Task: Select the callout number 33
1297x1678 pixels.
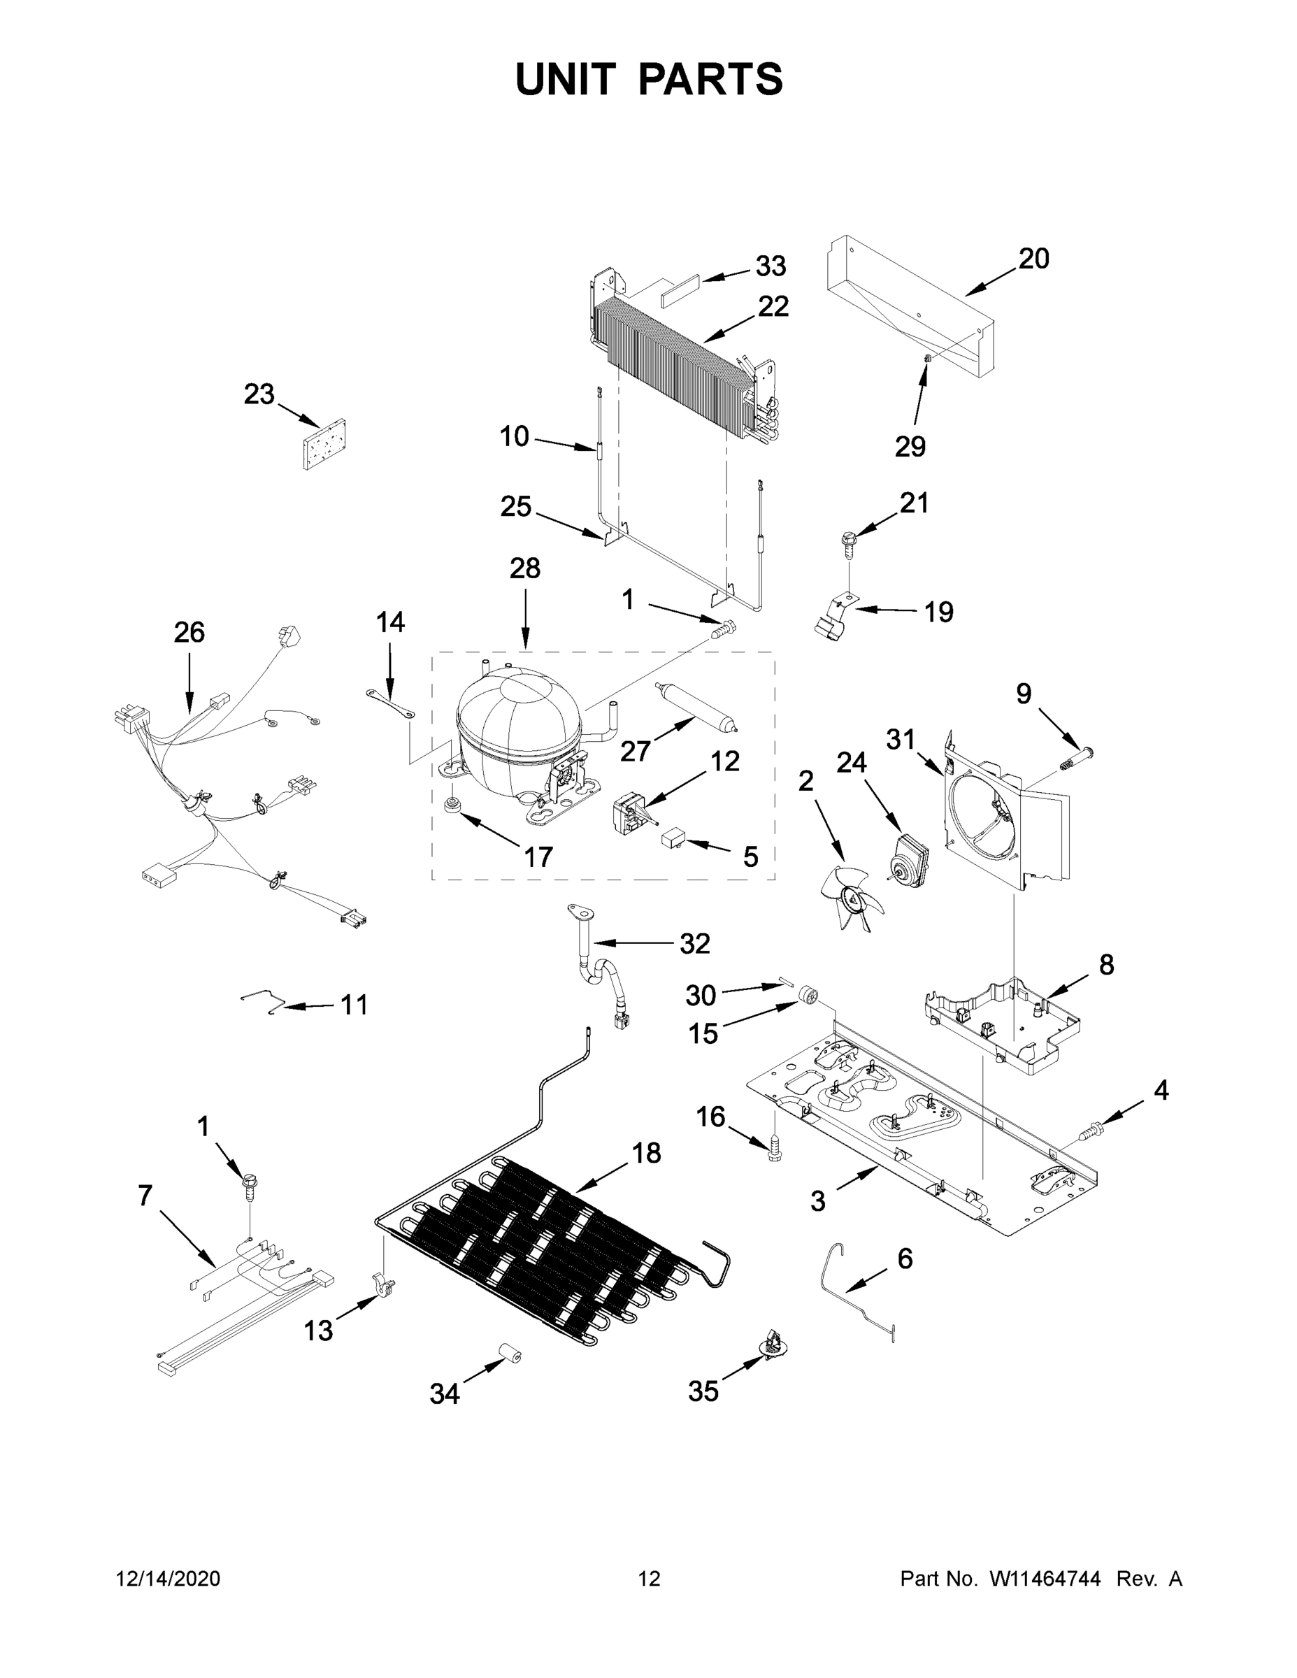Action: pyautogui.click(x=770, y=266)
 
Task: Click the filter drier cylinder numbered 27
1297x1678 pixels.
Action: pyautogui.click(x=696, y=705)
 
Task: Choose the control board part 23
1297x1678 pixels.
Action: pyautogui.click(x=324, y=444)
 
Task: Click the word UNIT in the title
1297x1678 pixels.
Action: pyautogui.click(x=566, y=79)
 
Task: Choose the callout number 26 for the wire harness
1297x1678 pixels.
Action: pyautogui.click(x=189, y=632)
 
